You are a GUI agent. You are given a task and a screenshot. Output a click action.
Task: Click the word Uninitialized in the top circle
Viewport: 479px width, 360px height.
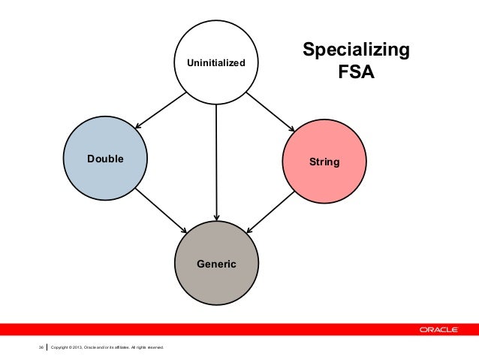216,63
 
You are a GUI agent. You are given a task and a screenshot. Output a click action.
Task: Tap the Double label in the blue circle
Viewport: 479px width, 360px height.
105,159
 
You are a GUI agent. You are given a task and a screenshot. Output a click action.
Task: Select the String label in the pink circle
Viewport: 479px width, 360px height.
324,162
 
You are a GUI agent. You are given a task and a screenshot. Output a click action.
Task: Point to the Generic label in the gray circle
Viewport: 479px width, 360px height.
216,264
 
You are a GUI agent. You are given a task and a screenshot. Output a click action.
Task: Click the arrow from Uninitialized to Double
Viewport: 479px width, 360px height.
160,109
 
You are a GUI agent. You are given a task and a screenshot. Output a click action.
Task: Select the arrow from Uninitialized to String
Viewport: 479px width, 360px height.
271,110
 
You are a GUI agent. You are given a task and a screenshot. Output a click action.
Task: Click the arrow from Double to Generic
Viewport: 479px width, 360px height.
162,207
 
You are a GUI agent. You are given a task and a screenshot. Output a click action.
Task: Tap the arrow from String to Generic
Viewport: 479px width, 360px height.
272,209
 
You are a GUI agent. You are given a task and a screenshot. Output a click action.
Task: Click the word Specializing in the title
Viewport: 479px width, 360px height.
355,51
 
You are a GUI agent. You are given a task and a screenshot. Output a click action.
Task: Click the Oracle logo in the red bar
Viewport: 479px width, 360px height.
440,329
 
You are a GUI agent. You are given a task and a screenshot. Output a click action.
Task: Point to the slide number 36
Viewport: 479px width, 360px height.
41,347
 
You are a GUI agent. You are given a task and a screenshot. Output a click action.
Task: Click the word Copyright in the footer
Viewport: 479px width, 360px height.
62,347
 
